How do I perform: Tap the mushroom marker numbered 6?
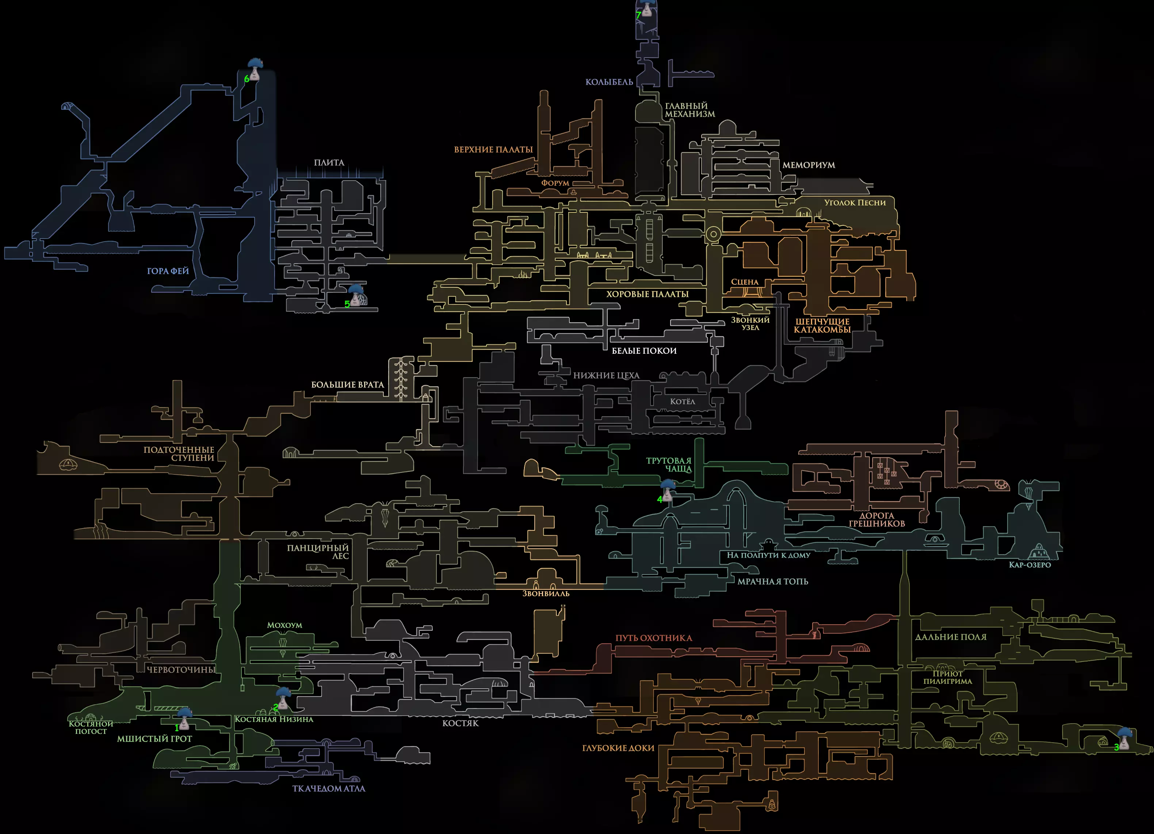[x=255, y=70]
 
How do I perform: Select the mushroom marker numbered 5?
[x=356, y=296]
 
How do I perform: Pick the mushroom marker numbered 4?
[x=668, y=491]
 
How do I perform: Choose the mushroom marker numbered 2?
[x=283, y=698]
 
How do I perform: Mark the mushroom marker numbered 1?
[x=184, y=719]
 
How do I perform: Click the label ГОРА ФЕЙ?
[x=168, y=271]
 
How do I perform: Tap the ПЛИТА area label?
[x=329, y=162]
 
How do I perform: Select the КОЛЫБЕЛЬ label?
[x=609, y=82]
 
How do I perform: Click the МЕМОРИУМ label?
[x=809, y=165]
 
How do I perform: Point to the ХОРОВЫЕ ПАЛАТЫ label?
[x=647, y=294]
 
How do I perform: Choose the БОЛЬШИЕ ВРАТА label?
[x=348, y=384]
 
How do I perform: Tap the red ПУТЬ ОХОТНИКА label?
[x=654, y=638]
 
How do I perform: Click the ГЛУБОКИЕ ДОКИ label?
[x=618, y=748]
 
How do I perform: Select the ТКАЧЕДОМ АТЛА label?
[x=329, y=789]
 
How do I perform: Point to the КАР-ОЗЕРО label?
[x=1030, y=565]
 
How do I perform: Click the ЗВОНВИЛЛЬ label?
[x=546, y=593]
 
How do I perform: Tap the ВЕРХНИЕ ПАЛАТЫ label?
[x=493, y=150]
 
